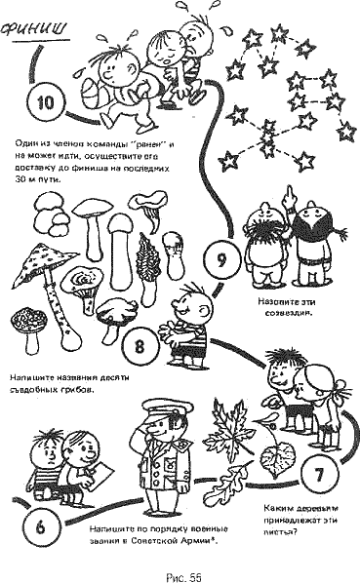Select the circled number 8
click(140, 344)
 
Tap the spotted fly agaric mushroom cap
click(47, 257)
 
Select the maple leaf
click(235, 427)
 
